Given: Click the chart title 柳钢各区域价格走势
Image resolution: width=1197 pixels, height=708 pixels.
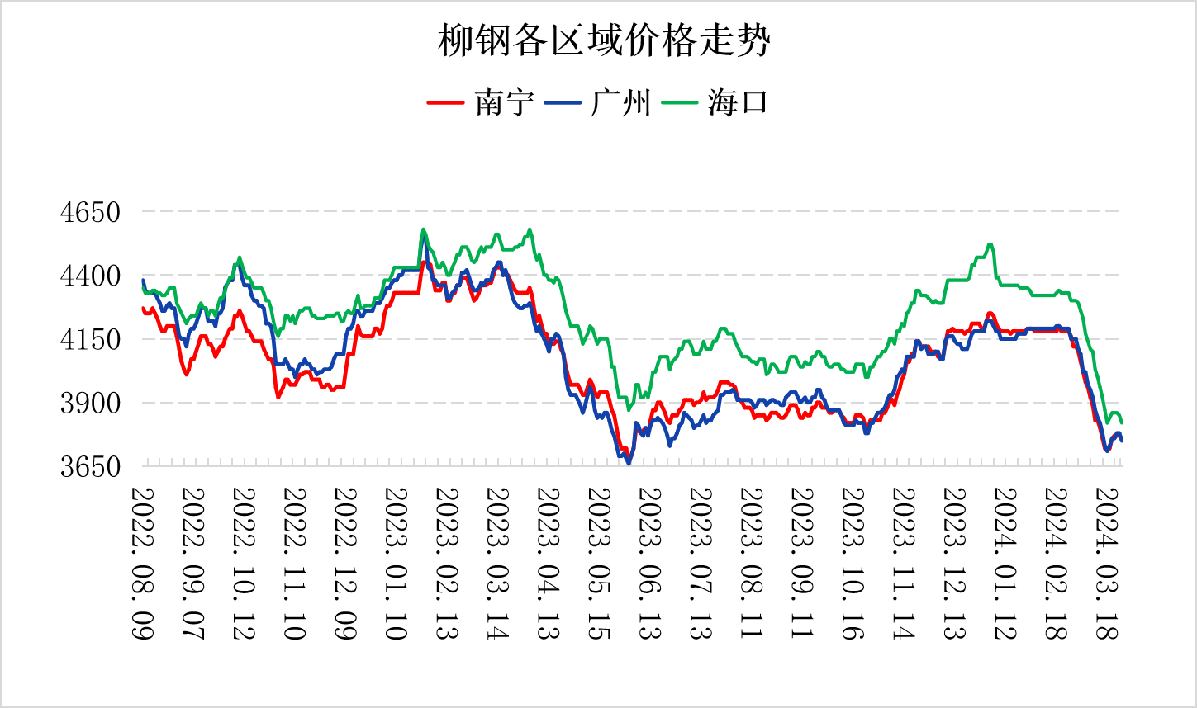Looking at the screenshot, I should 604,40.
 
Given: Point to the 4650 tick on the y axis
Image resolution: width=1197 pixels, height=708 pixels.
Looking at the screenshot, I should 90,212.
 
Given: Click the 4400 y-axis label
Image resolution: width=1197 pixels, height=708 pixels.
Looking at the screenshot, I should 90,276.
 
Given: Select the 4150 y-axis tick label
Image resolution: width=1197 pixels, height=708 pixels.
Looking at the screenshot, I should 90,339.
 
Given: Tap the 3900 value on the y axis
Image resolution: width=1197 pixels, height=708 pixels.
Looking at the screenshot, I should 90,403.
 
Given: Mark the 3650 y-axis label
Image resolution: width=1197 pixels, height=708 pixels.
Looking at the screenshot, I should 90,466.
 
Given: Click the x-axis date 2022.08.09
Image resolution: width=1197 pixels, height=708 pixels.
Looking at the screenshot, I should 143,563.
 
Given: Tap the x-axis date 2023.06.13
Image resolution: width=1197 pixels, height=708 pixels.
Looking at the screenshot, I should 650,563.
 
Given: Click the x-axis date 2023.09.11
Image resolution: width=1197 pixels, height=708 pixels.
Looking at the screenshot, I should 802,563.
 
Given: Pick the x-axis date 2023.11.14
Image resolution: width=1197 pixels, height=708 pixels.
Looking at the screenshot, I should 904,563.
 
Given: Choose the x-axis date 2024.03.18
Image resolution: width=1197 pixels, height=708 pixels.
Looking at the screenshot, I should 1107,563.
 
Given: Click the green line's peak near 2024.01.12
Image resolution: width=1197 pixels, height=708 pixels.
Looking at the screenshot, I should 990,244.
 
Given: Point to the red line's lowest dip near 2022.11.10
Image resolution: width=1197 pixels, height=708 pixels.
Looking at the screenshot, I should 278,398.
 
